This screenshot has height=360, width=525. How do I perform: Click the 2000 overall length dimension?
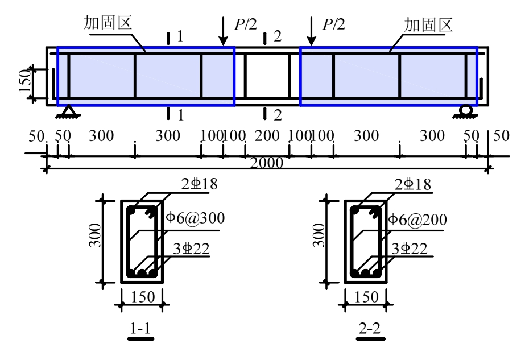pyautogui.click(x=267, y=164)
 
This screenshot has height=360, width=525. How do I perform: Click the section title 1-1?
pyautogui.click(x=140, y=329)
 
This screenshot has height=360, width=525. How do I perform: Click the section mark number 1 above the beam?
pyautogui.click(x=180, y=38)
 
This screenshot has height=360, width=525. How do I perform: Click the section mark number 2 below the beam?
pyautogui.click(x=278, y=115)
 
